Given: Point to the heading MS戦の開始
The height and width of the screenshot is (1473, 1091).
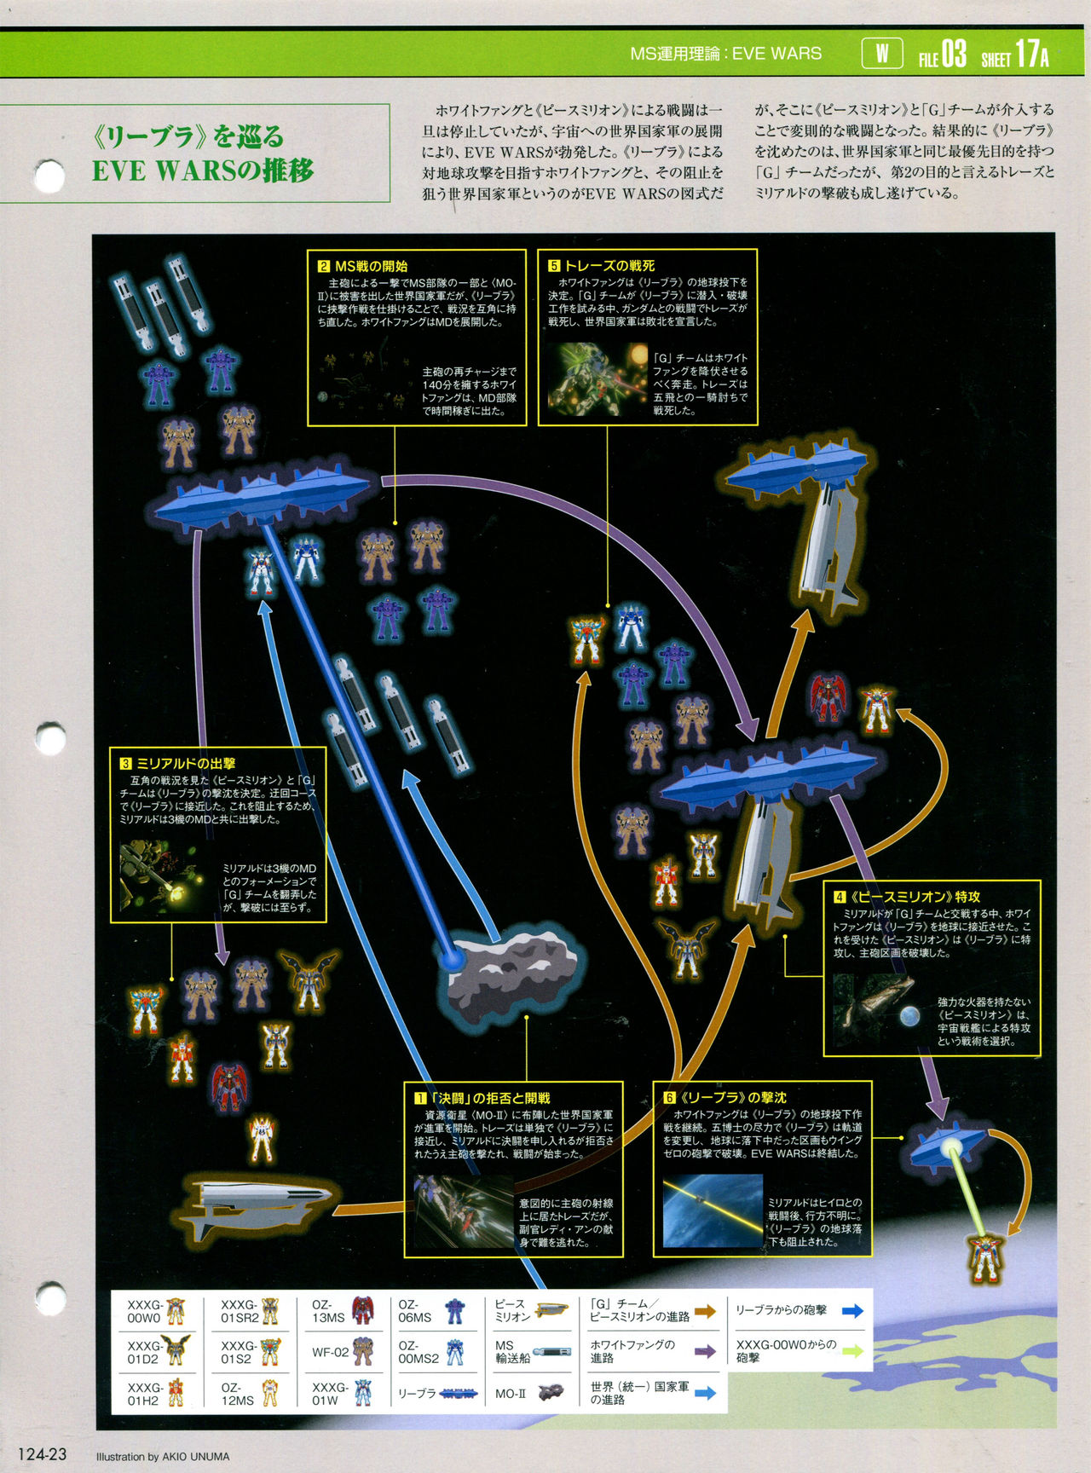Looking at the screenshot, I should (371, 266).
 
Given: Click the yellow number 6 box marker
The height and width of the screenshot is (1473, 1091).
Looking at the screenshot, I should (669, 1098).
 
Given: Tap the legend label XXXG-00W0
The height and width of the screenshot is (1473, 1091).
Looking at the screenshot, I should (144, 1311).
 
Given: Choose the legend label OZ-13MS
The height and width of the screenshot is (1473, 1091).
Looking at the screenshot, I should (327, 1311).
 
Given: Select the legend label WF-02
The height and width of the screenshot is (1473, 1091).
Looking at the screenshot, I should (330, 1352).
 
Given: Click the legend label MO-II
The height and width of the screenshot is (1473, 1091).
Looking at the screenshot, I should (510, 1394).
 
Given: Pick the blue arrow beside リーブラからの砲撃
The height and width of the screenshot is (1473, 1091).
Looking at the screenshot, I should (852, 1311).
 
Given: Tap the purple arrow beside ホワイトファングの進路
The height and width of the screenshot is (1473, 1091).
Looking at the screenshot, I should (704, 1352).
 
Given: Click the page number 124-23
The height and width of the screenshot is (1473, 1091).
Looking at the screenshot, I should (42, 1454).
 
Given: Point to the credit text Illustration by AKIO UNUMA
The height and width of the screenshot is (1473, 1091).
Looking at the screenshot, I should (163, 1456).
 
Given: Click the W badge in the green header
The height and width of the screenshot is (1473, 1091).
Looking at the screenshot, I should (882, 54).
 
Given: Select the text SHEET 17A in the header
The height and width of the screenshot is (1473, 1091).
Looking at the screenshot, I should (1014, 56).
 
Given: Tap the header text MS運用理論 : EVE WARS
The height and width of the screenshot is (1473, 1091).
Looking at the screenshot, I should (725, 54).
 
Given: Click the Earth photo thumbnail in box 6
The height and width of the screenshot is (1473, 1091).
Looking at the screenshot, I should (712, 1210).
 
